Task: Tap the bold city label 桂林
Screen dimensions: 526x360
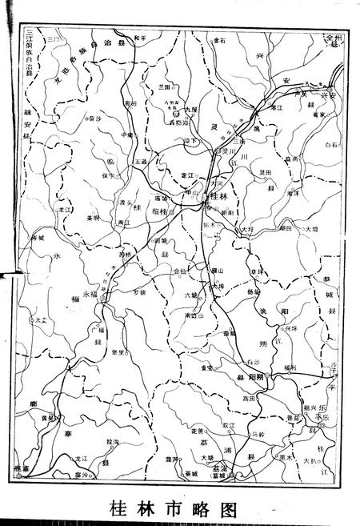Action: click(x=218, y=196)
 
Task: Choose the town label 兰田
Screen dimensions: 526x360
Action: click(x=165, y=86)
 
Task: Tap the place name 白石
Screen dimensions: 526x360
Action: click(x=331, y=145)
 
